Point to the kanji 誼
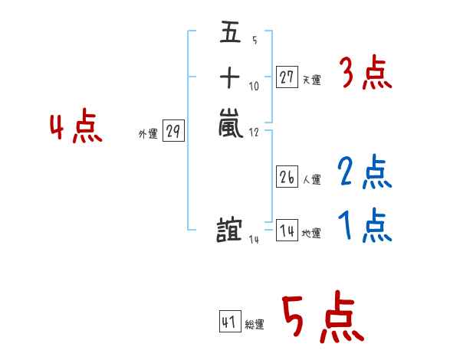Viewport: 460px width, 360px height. click(x=230, y=229)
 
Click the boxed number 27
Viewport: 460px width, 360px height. click(x=287, y=77)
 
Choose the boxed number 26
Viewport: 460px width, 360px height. click(x=287, y=177)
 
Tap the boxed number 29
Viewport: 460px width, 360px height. click(x=173, y=133)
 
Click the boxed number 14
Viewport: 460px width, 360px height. click(x=287, y=231)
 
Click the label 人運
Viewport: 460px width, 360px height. click(x=311, y=180)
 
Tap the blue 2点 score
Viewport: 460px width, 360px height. click(x=364, y=173)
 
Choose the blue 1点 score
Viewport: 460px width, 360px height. click(x=364, y=227)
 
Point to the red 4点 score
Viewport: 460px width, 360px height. click(x=76, y=127)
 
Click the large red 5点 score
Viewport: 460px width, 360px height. click(x=321, y=318)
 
